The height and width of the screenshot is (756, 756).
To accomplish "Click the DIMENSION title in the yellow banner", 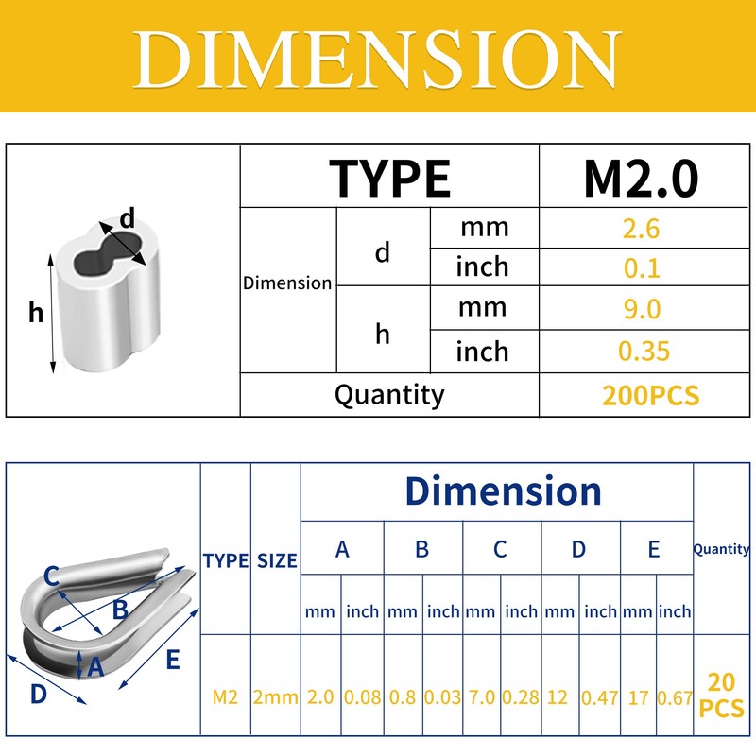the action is (x=377, y=60).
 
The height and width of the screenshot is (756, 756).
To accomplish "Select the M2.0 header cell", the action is (x=641, y=179).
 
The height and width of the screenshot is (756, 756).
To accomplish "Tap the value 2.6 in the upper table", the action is (x=641, y=229).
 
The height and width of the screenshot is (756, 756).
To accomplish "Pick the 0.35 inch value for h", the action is (x=644, y=351).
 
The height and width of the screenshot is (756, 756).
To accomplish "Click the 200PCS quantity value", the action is (x=650, y=395).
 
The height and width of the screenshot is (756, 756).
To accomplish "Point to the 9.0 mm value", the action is (x=642, y=309).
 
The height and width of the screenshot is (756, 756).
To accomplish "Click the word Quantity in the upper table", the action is (x=389, y=395).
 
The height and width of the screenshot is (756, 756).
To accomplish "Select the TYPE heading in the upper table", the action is (x=389, y=179).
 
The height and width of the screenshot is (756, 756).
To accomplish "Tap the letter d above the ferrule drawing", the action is (x=128, y=218).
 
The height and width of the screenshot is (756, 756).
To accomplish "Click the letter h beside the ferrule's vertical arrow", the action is (x=36, y=312).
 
